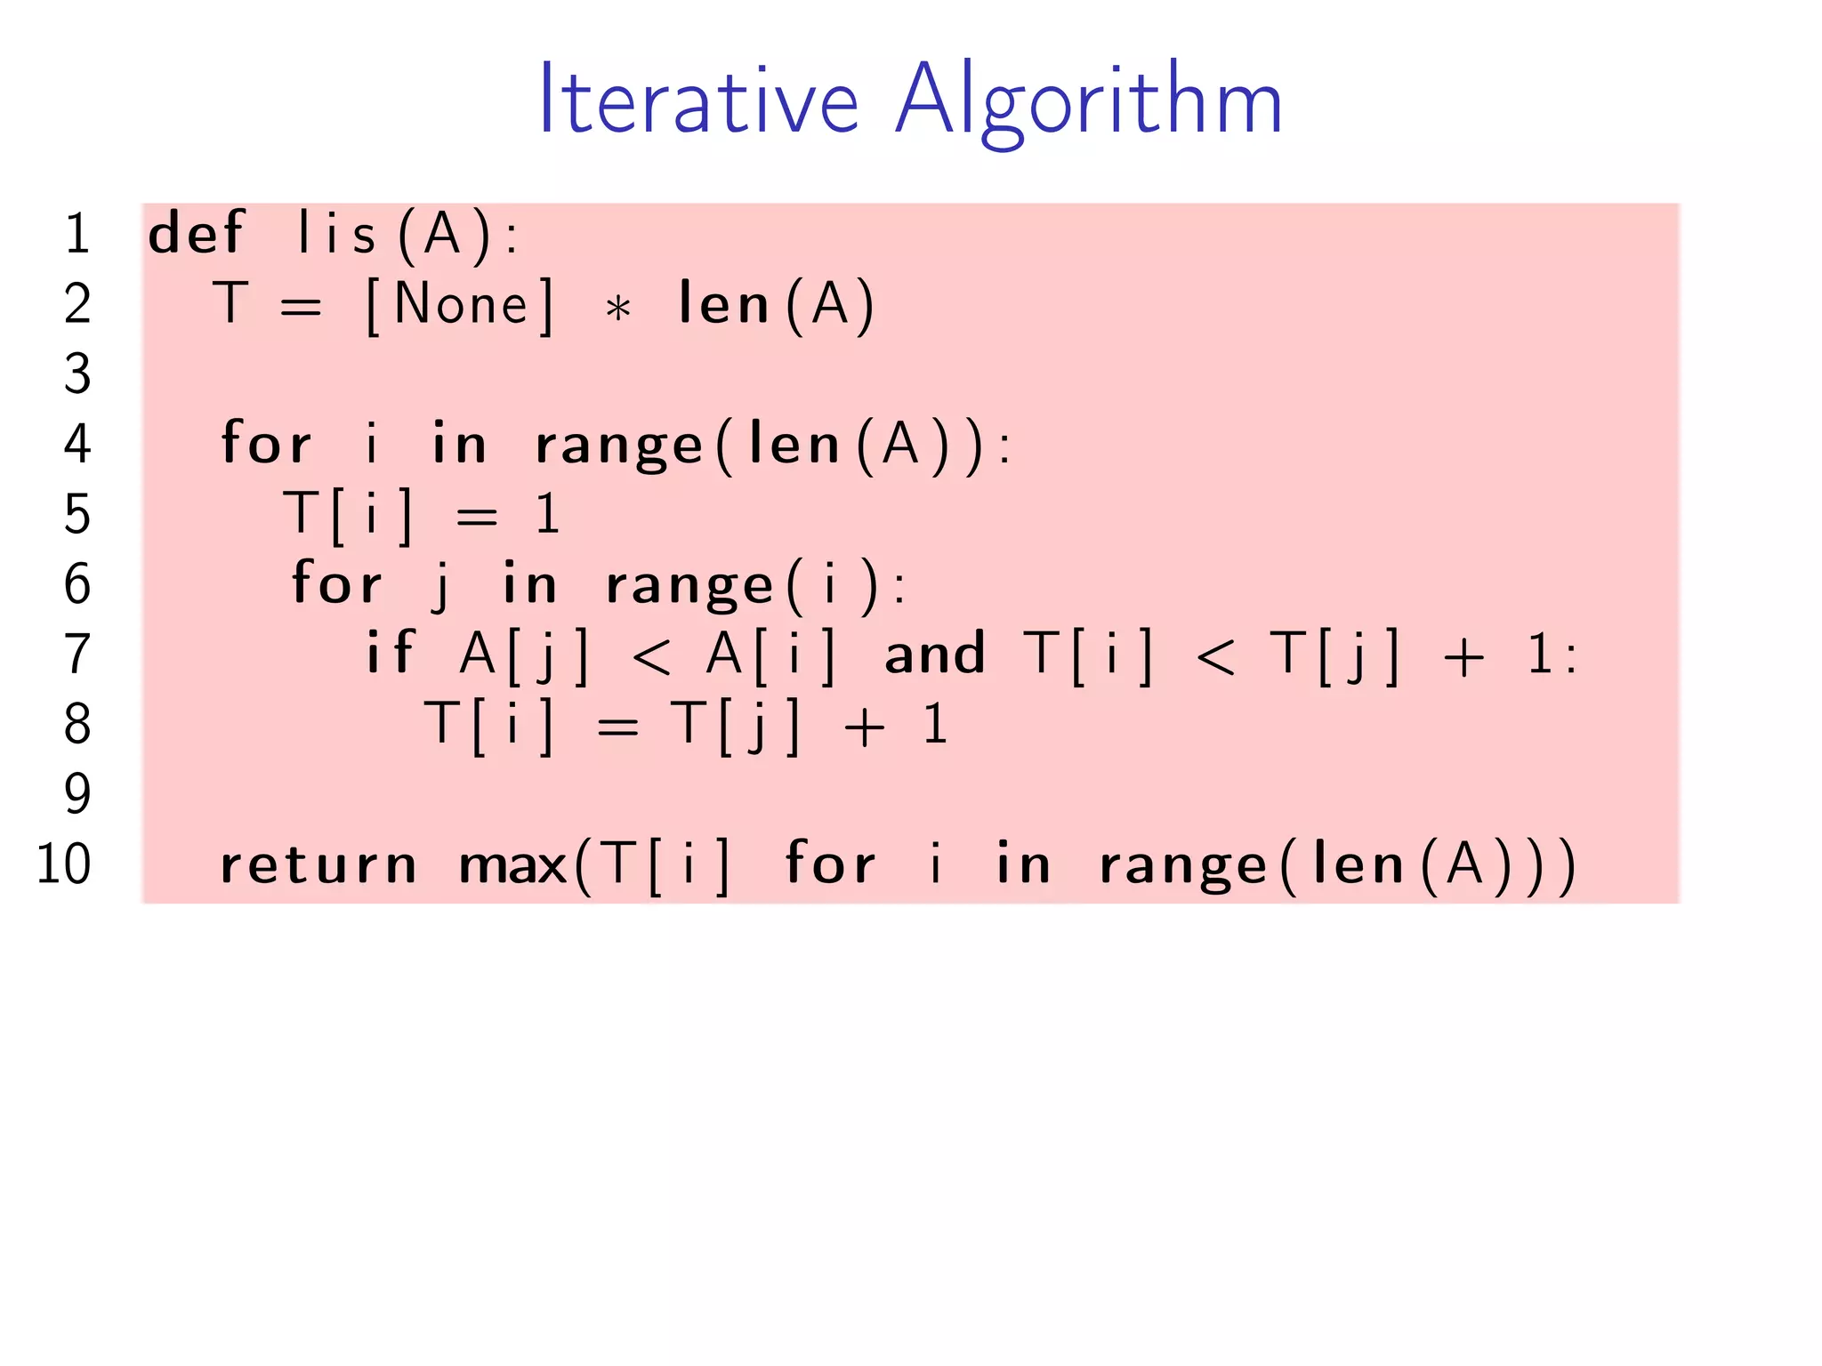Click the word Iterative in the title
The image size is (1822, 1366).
698,100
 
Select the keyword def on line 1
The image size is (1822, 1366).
196,233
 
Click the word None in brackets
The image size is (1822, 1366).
461,305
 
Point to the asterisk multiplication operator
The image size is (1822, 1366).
617,309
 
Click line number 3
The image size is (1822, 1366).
77,374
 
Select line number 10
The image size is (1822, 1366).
63,864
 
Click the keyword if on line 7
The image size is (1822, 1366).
390,653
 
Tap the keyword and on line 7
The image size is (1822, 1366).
934,654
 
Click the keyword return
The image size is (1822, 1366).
318,865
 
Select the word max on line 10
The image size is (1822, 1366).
512,865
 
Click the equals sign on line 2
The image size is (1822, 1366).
300,307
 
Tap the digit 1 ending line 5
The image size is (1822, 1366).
547,514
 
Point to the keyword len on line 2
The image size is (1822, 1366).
723,304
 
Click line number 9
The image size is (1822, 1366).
77,793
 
